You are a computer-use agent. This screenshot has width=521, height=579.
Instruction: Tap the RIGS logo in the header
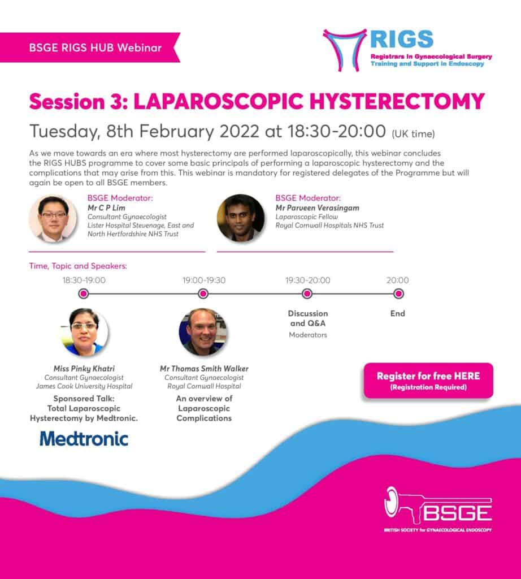pos(407,50)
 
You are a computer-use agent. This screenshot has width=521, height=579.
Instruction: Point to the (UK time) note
pos(413,133)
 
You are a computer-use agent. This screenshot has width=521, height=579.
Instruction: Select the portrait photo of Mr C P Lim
pos(53,219)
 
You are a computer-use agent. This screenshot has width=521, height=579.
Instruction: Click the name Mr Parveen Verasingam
pos(309,208)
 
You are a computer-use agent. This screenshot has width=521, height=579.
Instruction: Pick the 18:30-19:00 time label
pos(84,280)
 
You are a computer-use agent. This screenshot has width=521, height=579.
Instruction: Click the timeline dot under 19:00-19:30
pos(203,293)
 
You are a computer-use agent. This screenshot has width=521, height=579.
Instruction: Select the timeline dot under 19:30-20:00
pos(307,293)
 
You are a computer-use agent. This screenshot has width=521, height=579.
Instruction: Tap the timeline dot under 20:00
pos(398,293)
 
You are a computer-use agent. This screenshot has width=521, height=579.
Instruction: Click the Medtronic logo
pos(84,439)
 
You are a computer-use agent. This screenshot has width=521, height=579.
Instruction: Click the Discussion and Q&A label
pos(307,318)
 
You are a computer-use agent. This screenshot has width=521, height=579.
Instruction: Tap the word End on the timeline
pos(398,313)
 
